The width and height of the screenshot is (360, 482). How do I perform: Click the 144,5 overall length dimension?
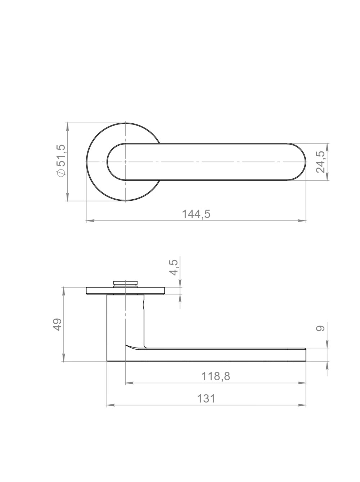tap(196, 214)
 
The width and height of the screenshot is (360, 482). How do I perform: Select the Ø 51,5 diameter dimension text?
tap(61, 161)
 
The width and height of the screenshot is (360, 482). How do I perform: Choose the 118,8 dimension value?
tap(216, 376)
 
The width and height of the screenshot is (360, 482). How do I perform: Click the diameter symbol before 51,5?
tap(61, 173)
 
